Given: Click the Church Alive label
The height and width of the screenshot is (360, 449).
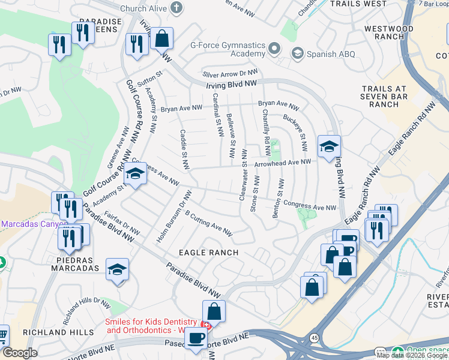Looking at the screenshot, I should [x=142, y=8].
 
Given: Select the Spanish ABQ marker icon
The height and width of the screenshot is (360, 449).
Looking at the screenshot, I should [x=297, y=54].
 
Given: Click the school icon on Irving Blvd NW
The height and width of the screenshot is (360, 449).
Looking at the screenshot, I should [x=329, y=146].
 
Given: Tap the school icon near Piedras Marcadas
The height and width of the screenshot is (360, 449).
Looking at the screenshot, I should [x=117, y=270].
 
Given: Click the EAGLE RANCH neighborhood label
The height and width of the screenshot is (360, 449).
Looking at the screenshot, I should [x=208, y=253].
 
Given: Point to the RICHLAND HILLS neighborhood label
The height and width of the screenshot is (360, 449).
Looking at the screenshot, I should [x=58, y=332].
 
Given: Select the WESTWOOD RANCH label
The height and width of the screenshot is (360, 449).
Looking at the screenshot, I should [x=397, y=32].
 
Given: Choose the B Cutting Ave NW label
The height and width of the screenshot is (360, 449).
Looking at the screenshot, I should [x=208, y=221].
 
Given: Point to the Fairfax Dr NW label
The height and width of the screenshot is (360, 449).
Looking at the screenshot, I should [x=122, y=222].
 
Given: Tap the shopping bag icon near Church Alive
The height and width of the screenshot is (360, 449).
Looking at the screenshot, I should [x=161, y=39].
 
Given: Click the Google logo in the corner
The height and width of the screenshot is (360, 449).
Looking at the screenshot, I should [x=20, y=353].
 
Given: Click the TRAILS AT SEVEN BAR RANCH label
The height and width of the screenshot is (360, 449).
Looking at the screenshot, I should [x=384, y=97].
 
